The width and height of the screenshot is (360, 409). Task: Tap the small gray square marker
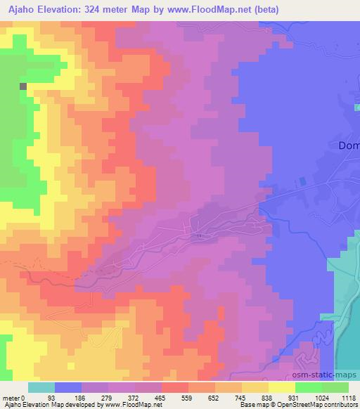(x=23, y=86)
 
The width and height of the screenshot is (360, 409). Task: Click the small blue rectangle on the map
(x=303, y=181)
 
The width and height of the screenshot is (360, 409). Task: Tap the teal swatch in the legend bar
(x=41, y=387)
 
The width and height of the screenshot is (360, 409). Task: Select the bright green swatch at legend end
(x=335, y=387)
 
